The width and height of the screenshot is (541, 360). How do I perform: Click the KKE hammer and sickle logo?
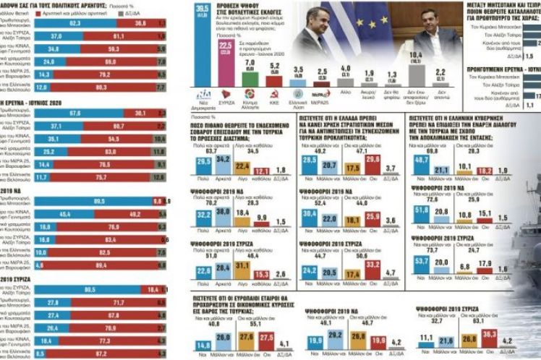pyautogui.click(x=273, y=94)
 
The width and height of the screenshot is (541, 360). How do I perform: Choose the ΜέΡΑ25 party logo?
pyautogui.click(x=321, y=94)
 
